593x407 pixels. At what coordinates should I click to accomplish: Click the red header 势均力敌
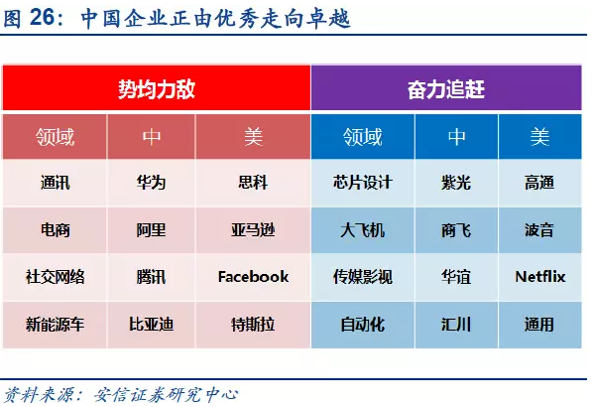click(x=157, y=89)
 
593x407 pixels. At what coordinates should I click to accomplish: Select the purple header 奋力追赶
click(x=446, y=89)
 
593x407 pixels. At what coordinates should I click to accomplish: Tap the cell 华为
click(x=152, y=183)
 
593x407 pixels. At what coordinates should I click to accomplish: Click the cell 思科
click(x=253, y=183)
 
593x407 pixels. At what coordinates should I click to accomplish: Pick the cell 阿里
click(x=152, y=230)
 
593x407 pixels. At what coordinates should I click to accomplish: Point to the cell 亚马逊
click(x=253, y=230)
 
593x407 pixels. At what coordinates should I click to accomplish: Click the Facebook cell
click(x=253, y=277)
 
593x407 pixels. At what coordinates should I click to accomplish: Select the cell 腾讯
click(x=152, y=277)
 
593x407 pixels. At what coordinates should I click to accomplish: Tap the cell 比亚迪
click(x=152, y=325)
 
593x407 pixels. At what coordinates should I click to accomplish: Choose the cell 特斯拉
click(x=253, y=325)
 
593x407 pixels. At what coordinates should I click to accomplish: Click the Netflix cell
click(x=540, y=277)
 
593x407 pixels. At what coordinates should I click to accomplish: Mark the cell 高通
click(x=539, y=183)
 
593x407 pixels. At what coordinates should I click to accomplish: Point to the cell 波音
click(x=539, y=230)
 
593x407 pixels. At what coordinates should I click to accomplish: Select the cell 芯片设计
click(x=363, y=183)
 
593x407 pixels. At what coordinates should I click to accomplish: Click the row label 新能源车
click(x=55, y=325)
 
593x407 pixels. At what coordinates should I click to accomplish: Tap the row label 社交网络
click(x=55, y=277)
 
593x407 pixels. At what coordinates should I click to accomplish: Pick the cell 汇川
click(x=456, y=325)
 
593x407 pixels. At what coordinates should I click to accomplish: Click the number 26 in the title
click(x=42, y=18)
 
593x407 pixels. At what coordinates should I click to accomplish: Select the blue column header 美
click(x=539, y=137)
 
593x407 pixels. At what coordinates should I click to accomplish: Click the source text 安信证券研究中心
click(x=166, y=395)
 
